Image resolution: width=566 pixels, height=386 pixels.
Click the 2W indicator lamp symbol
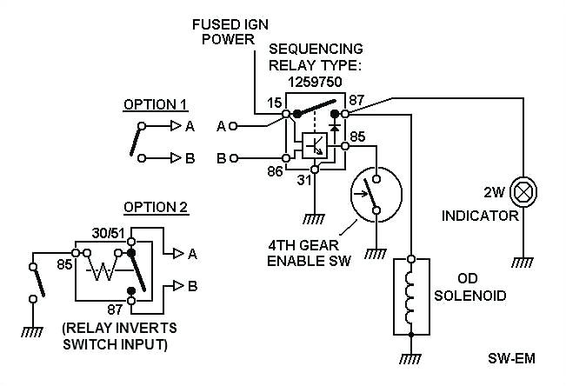(524, 190)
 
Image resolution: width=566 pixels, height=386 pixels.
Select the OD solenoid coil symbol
(411, 296)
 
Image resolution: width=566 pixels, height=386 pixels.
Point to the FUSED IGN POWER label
(225, 32)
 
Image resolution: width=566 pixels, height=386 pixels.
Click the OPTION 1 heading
(155, 105)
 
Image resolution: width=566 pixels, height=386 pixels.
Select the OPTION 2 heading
(156, 207)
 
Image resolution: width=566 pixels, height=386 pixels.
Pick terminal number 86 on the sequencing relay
(275, 172)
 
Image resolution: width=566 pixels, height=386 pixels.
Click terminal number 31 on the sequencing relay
(303, 180)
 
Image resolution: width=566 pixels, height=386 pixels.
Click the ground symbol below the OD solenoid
(411, 358)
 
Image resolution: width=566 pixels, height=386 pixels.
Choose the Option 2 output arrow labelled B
(177, 285)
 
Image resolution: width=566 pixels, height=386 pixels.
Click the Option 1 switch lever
(137, 140)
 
